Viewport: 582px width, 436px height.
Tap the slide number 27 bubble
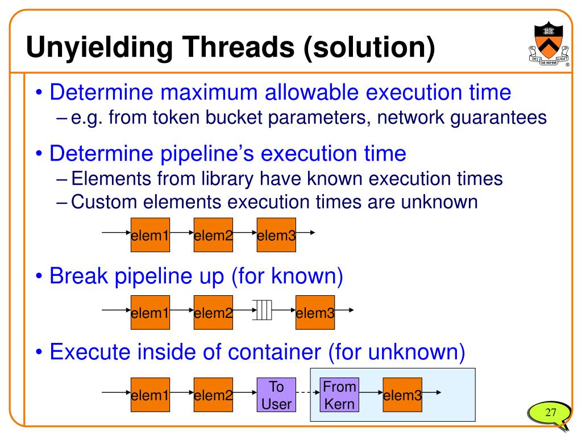[x=549, y=413]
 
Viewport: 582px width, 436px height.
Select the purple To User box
[x=276, y=395]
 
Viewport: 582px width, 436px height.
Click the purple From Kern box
[x=339, y=395]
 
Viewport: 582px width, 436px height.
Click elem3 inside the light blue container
[x=402, y=395]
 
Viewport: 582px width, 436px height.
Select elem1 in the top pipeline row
[x=150, y=234]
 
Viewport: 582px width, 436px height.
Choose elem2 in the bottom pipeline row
[x=213, y=395]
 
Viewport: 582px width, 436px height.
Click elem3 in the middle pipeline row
[x=315, y=312]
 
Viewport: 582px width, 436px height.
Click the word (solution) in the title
[x=369, y=47]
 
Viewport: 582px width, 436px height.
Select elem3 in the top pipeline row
[x=276, y=234]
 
